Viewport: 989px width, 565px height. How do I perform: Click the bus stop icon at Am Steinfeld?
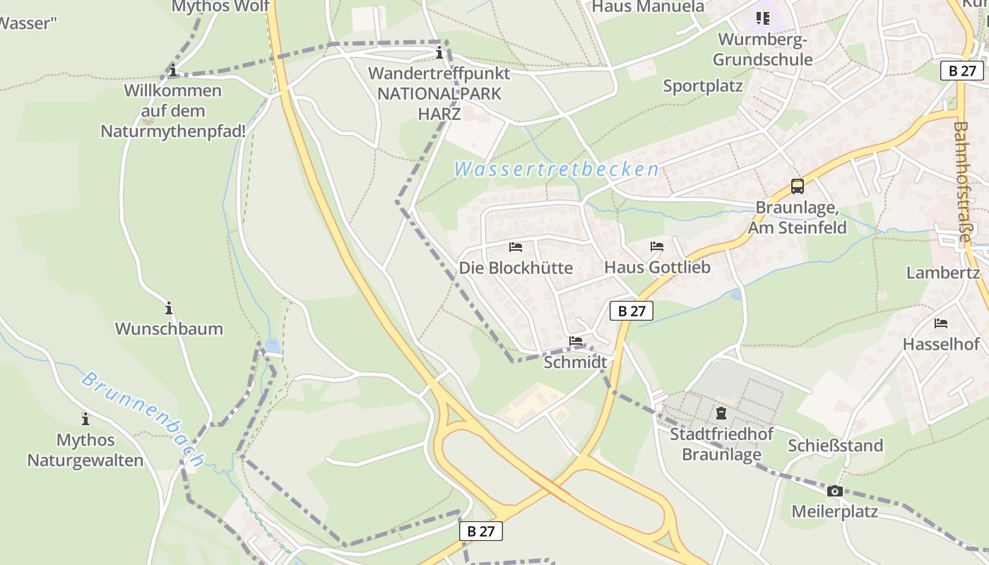pos(797,186)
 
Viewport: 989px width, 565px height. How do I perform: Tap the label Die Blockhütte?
pos(516,268)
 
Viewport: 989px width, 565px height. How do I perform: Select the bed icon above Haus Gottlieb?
pos(657,246)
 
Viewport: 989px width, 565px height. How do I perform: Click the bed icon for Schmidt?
pos(576,341)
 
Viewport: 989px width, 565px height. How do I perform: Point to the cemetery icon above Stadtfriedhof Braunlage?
pos(721,412)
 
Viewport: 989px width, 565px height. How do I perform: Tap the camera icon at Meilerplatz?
pos(834,491)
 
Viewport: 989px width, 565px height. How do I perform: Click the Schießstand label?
pos(836,446)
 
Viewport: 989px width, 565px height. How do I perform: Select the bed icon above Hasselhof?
pos(941,323)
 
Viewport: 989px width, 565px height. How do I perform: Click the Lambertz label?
pos(943,273)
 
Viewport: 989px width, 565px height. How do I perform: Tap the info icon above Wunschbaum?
pos(169,308)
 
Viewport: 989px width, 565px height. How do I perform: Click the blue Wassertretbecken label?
pos(557,169)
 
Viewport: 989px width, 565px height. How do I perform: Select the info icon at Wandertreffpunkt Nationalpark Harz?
pos(439,52)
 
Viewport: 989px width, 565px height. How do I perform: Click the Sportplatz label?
pos(702,86)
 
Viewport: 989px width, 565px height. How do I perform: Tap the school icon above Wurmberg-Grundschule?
pos(762,18)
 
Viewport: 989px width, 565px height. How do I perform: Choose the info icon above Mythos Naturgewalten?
pos(85,419)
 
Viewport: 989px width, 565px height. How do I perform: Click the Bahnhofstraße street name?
pos(962,182)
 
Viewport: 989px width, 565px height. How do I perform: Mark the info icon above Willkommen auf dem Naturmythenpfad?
pos(172,70)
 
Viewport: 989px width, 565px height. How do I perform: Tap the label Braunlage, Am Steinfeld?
pos(797,218)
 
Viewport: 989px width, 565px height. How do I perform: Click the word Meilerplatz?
pos(834,511)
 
